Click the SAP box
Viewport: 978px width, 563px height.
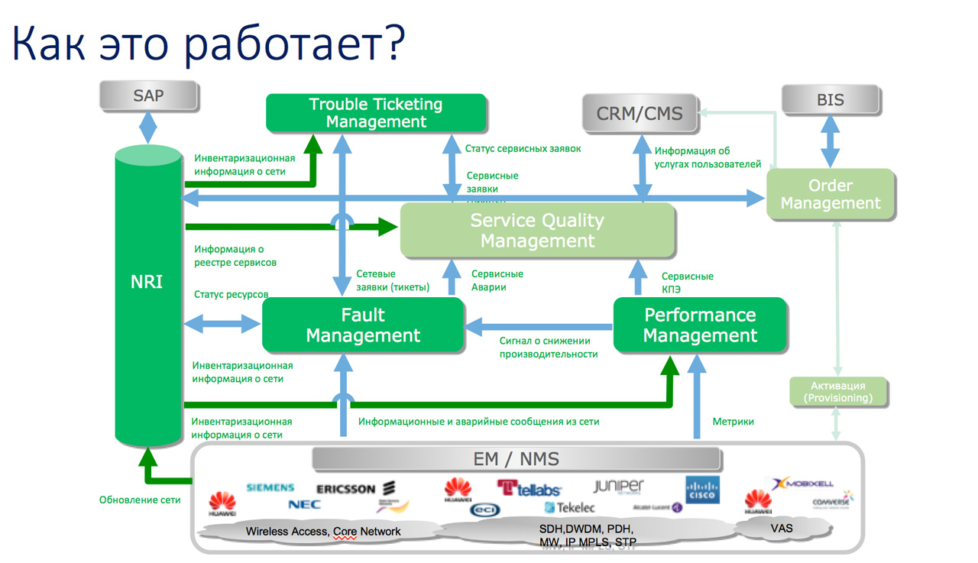[x=148, y=96]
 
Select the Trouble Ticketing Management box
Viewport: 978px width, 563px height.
[x=376, y=113]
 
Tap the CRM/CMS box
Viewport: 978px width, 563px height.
[x=640, y=114]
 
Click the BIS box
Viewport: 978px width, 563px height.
[x=830, y=99]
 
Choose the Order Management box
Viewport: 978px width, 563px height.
[x=831, y=195]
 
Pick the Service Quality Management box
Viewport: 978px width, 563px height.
[x=537, y=231]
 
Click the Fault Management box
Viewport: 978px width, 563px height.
[x=363, y=325]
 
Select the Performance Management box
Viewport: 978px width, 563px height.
[x=700, y=325]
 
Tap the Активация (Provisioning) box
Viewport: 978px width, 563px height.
[x=838, y=392]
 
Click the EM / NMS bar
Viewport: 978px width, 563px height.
[x=517, y=459]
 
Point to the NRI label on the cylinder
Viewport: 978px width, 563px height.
[x=147, y=281]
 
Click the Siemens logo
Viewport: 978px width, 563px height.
[x=270, y=487]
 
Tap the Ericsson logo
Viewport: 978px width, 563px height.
[x=355, y=489]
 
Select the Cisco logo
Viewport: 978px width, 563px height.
[x=701, y=490]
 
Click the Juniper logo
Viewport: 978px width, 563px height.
[x=619, y=487]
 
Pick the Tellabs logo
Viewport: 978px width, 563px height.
[x=529, y=488]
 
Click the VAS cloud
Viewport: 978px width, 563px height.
[x=782, y=528]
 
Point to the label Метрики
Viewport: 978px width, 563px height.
[x=733, y=422]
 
